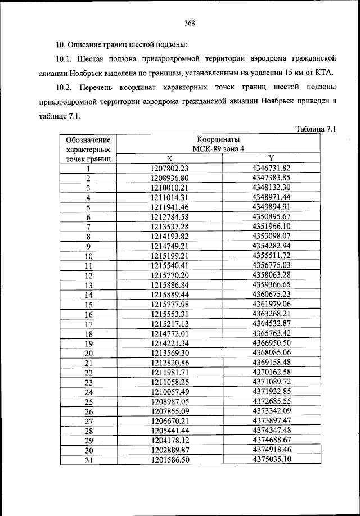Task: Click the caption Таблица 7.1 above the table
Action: coord(315,129)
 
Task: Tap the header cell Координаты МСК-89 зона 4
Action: coord(222,144)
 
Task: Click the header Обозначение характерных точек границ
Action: coord(88,149)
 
